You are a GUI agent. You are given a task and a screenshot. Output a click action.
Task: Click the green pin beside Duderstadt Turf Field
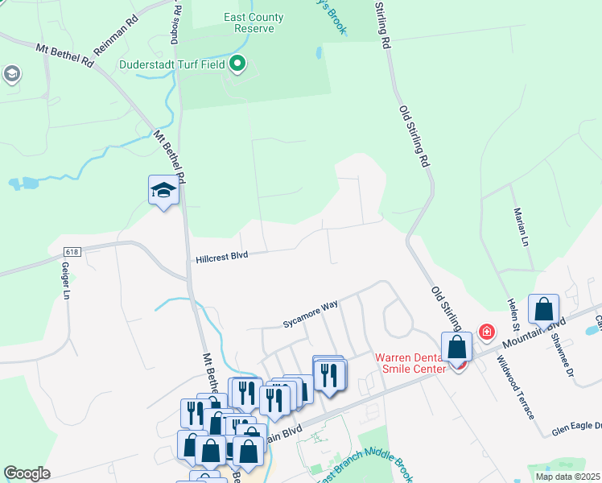(x=237, y=63)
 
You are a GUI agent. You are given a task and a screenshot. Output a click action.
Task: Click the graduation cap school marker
(x=163, y=191)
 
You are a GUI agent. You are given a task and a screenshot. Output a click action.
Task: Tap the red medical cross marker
(x=486, y=331)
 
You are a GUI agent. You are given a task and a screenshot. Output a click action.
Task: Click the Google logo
(x=27, y=473)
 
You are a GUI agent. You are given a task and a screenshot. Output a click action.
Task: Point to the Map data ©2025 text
(x=567, y=477)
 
